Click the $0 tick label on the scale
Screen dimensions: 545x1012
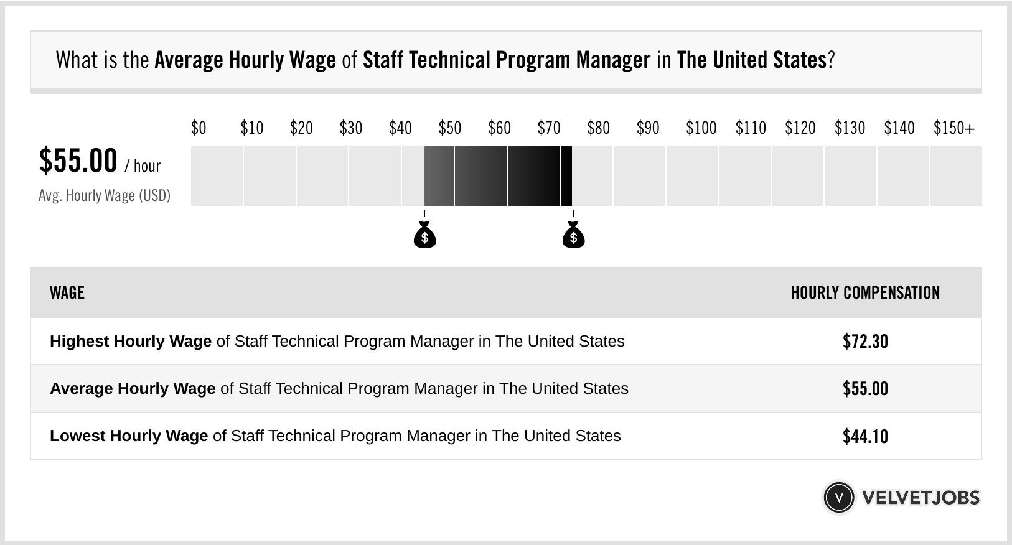tap(199, 128)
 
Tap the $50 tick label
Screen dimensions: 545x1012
tap(450, 128)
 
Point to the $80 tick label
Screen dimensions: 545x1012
tap(598, 128)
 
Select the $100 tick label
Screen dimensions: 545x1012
tap(701, 128)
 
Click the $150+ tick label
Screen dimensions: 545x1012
tap(953, 128)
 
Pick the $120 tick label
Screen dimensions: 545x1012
tap(800, 128)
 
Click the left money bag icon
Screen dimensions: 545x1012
tap(424, 235)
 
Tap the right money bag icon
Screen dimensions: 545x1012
tap(573, 235)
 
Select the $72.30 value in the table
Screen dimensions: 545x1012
tap(865, 342)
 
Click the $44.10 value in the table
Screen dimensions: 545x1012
tap(865, 436)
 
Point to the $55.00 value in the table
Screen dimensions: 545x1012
tap(865, 389)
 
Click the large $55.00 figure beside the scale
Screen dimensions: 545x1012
tap(78, 161)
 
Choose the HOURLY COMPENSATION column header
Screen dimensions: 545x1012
tap(865, 293)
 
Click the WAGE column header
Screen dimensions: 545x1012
tap(67, 293)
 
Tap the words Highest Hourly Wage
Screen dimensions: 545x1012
tap(131, 342)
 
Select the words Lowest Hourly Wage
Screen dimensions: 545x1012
tap(129, 436)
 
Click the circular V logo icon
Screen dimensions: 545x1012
tap(838, 498)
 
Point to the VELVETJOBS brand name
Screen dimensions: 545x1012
tap(921, 498)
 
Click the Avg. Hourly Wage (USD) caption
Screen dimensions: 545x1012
tap(105, 196)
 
